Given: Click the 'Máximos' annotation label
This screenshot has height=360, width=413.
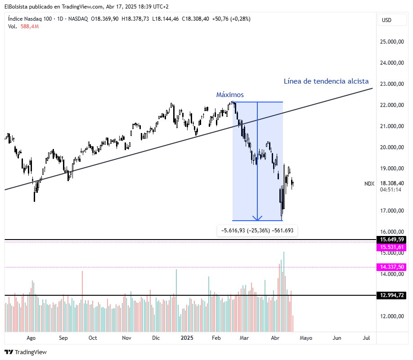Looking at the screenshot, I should coord(230,95).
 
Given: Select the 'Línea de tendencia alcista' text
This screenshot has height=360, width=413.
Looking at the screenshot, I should coord(326,81).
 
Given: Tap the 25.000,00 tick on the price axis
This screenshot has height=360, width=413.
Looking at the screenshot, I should coord(391,42).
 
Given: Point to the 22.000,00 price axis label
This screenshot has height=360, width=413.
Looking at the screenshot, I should coord(391,105).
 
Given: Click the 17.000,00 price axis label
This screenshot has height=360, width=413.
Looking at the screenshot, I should coord(391,211).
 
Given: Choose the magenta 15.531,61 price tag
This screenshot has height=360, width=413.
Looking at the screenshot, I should coord(392,247).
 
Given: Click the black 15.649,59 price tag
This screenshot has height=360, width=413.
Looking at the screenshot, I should coord(392,240).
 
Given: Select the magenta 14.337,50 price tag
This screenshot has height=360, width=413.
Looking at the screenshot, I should coord(392,267).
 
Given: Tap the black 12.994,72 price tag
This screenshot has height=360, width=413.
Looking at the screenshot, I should coord(392,295).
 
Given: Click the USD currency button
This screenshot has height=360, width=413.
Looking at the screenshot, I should coord(387,20).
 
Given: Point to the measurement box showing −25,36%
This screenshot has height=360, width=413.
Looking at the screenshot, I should coord(257,231).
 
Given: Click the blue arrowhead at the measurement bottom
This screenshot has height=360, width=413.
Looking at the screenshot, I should coord(257,218).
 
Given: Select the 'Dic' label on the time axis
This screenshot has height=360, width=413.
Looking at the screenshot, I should coord(156,338).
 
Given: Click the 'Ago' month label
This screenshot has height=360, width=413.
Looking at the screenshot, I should coord(31,338).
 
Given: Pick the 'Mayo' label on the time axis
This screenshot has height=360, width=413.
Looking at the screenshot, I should coord(306,338).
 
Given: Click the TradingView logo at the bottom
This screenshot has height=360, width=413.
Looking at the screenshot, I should coord(26,352).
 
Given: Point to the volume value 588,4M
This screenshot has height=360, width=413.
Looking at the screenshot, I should coord(30,27).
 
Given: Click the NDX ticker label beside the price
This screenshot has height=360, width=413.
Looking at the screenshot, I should coord(369,183).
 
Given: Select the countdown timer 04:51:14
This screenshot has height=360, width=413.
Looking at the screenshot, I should coord(391,190).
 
